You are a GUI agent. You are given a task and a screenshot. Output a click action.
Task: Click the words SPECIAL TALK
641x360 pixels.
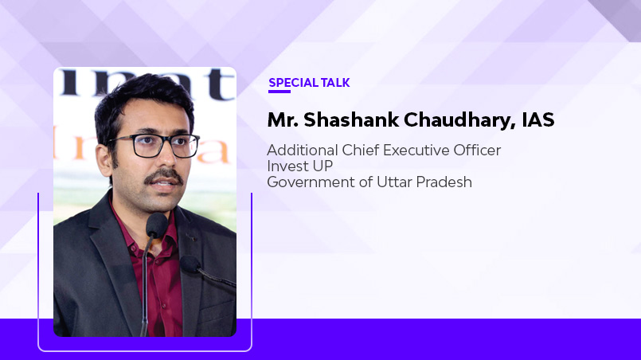pos(309,83)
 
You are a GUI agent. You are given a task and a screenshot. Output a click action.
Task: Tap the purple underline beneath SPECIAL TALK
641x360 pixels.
pos(279,92)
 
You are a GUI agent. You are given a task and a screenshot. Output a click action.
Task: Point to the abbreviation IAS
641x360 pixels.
pos(537,120)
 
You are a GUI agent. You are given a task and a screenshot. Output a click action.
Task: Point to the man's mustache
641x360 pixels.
pos(162,174)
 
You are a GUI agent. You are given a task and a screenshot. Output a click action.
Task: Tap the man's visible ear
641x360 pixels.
pos(102,158)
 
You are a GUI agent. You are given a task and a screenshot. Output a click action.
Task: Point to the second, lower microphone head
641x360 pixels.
pos(191,265)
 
